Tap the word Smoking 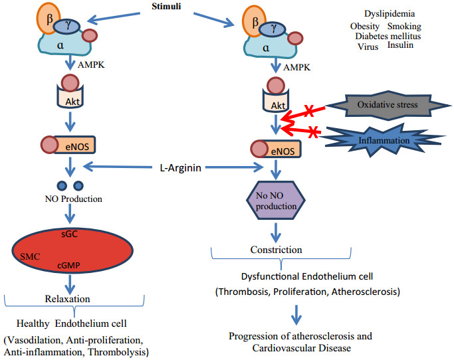pyautogui.click(x=404, y=26)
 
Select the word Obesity pyautogui.click(x=365, y=26)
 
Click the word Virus pyautogui.click(x=368, y=47)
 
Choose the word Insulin pyautogui.click(x=400, y=46)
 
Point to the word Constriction pyautogui.click(x=275, y=250)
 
